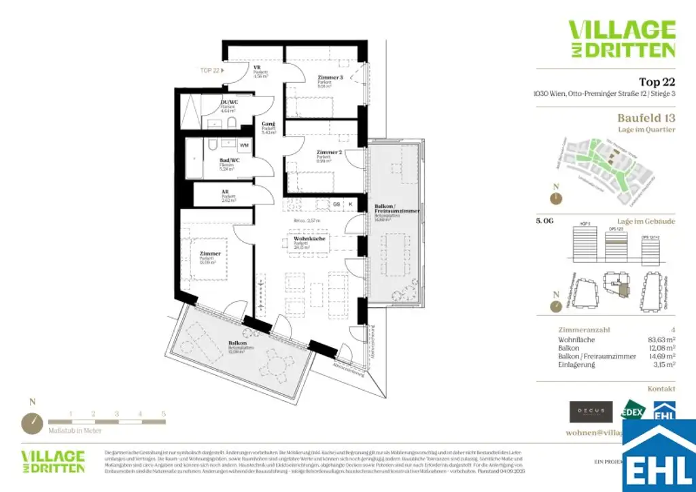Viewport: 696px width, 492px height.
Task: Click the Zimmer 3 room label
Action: [330, 78]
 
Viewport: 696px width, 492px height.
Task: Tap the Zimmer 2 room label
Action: [328, 152]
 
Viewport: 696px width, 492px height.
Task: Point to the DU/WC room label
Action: [228, 103]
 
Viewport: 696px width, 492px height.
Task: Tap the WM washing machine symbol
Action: [243, 145]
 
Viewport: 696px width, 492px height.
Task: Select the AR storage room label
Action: [224, 192]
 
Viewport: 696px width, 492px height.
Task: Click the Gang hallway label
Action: [268, 124]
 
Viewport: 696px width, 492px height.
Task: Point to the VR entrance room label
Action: [258, 68]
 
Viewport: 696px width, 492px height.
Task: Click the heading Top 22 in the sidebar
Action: [657, 82]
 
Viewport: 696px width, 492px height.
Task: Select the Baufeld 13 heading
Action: [637, 118]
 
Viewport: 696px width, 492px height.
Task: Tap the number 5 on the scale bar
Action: [163, 413]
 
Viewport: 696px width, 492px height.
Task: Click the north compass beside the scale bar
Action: [32, 423]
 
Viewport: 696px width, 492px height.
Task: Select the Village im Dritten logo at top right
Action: [621, 39]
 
